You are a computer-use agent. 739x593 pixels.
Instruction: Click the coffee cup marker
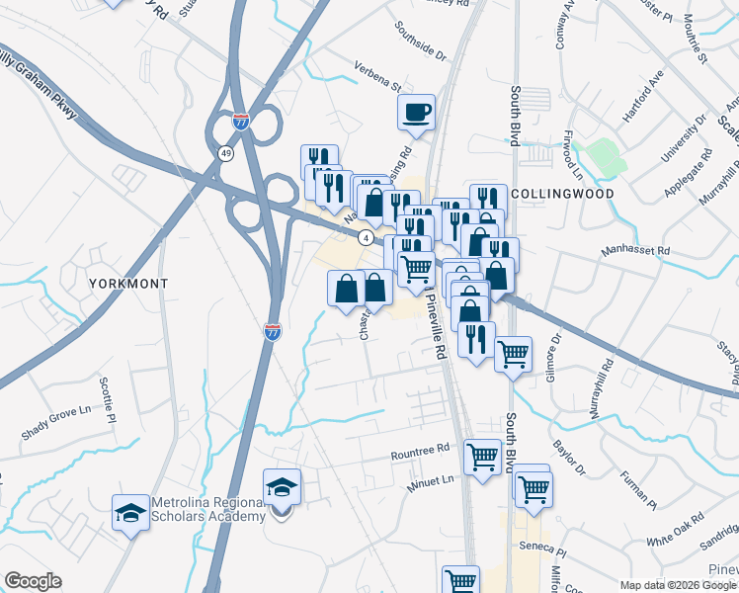pyautogui.click(x=416, y=111)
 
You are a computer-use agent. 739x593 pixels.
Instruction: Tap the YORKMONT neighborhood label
pyautogui.click(x=127, y=283)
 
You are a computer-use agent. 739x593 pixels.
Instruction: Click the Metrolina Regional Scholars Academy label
pyautogui.click(x=208, y=509)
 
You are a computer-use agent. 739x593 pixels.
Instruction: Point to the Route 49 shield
pyautogui.click(x=226, y=154)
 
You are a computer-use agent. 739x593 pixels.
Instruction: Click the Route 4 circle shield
pyautogui.click(x=366, y=237)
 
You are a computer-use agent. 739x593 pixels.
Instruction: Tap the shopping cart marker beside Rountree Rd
pyautogui.click(x=481, y=458)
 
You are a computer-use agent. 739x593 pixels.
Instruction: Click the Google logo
pyautogui.click(x=33, y=581)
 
